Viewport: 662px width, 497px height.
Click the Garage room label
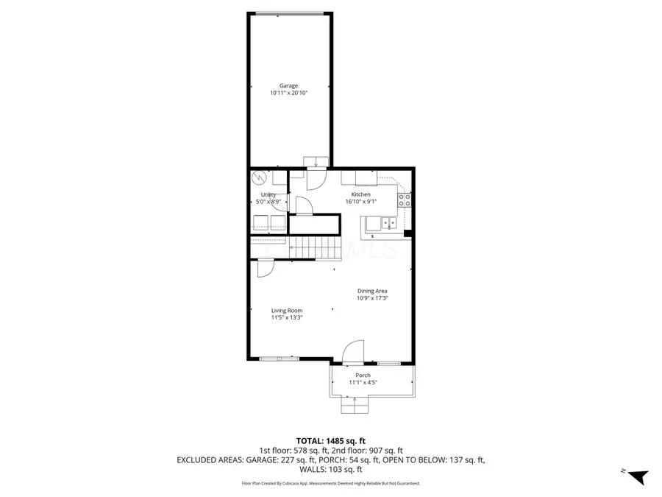click(x=288, y=85)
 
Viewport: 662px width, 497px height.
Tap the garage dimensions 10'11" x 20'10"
click(x=288, y=94)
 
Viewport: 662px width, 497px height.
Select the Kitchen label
click(x=360, y=194)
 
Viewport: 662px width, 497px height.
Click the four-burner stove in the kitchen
click(x=405, y=202)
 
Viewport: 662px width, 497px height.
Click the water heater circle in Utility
click(x=260, y=179)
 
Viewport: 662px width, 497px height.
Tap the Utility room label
click(x=268, y=194)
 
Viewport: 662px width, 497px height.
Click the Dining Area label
click(x=372, y=291)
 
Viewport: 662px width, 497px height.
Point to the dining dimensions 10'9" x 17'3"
click(x=372, y=299)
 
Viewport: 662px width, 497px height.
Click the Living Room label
click(x=286, y=311)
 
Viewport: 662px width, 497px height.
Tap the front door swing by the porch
click(x=355, y=352)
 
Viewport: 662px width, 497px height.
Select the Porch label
click(x=363, y=375)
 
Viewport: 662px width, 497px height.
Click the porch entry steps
click(x=355, y=405)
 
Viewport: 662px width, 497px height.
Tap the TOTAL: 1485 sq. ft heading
click(x=330, y=440)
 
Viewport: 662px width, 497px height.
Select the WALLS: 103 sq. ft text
click(x=331, y=469)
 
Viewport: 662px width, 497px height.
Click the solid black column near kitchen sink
click(x=408, y=234)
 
